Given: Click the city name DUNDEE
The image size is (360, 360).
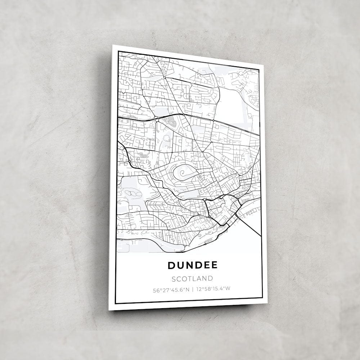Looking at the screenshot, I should coord(193,265).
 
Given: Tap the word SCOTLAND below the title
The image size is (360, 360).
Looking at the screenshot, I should coord(192,279).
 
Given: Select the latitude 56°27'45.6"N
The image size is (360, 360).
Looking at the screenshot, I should coord(171,289).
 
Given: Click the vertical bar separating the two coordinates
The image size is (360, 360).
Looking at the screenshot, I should coord(192,289).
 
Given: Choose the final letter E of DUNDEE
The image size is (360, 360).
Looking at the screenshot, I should coord(214,265).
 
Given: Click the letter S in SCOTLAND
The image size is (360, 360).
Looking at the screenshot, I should coord(174,279).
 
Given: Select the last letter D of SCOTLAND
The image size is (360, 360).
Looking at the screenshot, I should coord(210,279).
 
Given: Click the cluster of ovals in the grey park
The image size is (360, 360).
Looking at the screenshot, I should coord(132,193).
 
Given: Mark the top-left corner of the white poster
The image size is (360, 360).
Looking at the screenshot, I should coord(113,45).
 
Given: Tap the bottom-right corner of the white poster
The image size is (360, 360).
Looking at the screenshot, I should coord(267,303).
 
